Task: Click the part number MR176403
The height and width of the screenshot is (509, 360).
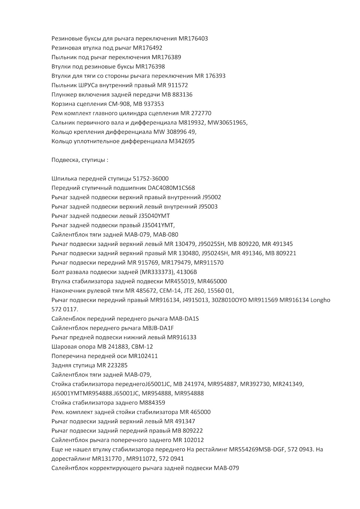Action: point(193,39)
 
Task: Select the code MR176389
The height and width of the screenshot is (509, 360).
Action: point(166,57)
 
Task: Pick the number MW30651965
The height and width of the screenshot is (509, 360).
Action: point(228,123)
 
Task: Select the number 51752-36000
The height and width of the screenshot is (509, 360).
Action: point(151,179)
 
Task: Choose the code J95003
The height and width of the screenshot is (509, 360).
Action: point(208,207)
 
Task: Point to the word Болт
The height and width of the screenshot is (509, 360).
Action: point(58,272)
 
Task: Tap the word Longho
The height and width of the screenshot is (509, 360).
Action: point(320,300)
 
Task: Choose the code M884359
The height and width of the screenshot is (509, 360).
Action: point(152,403)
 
